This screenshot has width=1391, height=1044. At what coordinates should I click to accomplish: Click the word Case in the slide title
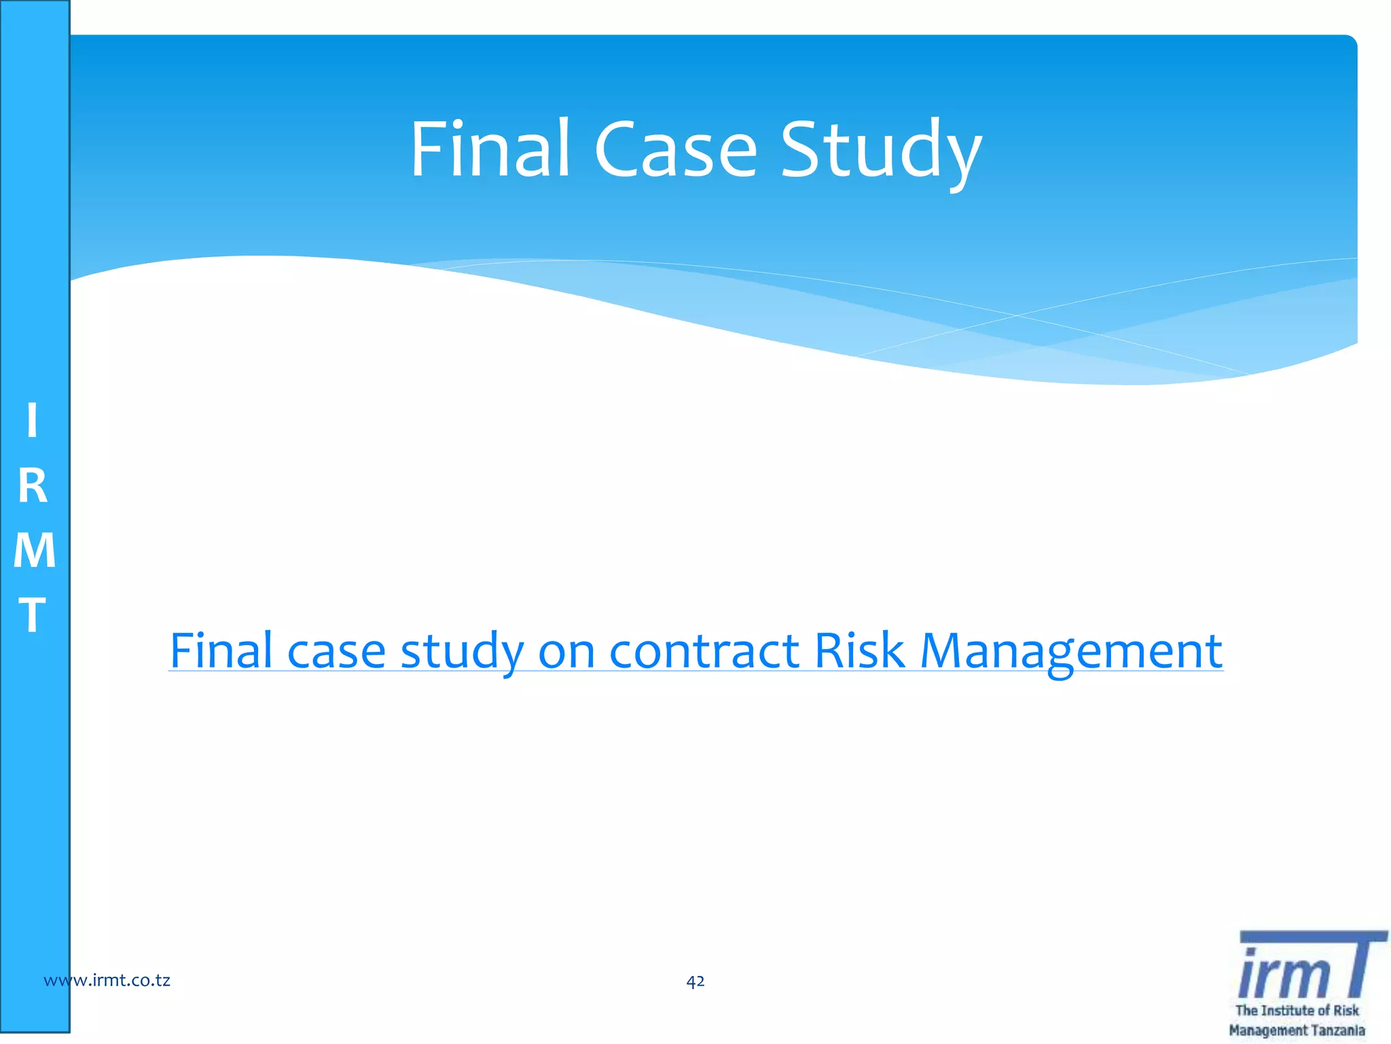pos(675,150)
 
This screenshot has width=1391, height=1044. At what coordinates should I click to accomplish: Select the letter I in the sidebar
pos(32,421)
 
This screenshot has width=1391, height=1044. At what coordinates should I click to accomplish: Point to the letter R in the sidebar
pos(33,486)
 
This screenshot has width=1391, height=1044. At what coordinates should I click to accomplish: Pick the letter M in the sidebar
pos(34,550)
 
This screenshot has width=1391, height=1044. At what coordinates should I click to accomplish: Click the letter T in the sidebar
pos(32,614)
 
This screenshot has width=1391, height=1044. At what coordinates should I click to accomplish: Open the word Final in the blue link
pos(221,650)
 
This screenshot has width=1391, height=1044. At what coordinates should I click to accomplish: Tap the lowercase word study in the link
pos(462,652)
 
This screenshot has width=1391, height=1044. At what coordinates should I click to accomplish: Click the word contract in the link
pos(704,651)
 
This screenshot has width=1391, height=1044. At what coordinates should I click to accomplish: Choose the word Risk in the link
pos(859,650)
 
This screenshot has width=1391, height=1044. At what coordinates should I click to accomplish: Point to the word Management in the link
pos(1071,652)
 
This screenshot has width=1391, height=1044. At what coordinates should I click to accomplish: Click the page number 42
pos(695,981)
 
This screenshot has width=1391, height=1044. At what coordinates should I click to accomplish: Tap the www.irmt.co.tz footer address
pos(107,980)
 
